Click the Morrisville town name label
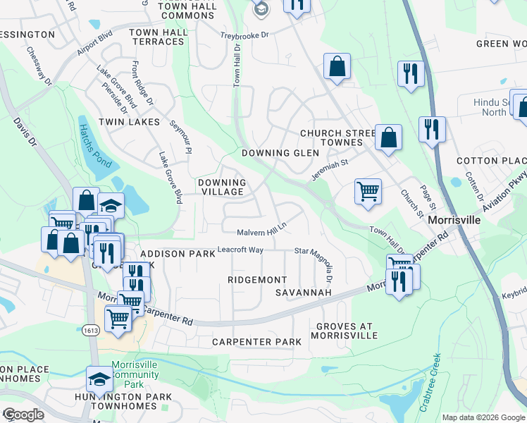(455, 220)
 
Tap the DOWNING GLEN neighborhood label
(275, 153)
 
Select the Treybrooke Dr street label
(246, 35)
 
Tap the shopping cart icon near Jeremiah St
(368, 191)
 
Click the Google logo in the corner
(23, 414)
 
